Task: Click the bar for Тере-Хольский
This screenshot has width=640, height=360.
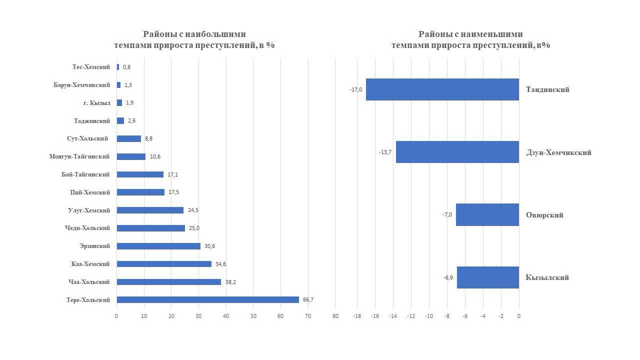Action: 207,300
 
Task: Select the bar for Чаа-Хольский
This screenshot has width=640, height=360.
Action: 168,282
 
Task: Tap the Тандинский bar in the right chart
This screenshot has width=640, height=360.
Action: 442,89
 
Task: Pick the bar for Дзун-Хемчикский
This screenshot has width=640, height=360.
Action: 457,152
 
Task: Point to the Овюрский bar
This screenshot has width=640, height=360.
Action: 487,214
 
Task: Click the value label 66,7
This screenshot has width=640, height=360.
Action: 308,300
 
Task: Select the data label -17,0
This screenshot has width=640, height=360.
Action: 355,89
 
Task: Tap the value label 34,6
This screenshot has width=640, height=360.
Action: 221,264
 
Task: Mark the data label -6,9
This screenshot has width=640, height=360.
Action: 448,277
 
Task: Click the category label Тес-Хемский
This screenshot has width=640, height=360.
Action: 91,67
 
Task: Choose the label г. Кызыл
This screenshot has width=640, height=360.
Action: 97,103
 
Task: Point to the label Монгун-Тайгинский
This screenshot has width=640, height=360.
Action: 79,156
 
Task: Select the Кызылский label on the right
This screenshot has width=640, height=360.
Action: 547,277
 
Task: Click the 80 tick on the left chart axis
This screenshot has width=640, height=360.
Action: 335,316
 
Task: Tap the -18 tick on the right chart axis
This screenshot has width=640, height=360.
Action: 356,316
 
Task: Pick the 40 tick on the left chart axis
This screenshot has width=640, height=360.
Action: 226,316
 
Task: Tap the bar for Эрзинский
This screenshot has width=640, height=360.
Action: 158,246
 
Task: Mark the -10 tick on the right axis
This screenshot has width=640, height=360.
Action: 428,316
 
